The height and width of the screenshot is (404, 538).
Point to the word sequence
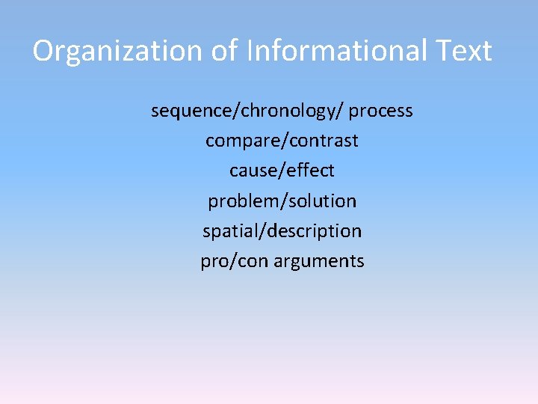pyautogui.click(x=192, y=111)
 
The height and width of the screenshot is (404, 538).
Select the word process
pyautogui.click(x=381, y=111)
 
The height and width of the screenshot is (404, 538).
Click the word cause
pyautogui.click(x=252, y=171)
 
